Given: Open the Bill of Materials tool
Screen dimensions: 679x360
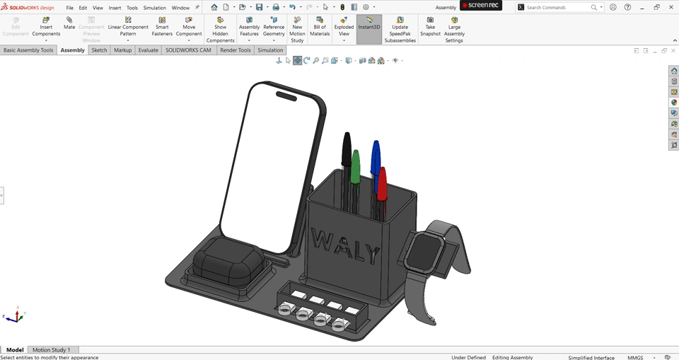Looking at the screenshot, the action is click(320, 26).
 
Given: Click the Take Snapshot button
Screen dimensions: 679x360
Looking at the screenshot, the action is click(430, 26).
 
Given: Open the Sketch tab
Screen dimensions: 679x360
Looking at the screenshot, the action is click(99, 50).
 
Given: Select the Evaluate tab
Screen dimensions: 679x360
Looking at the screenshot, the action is click(148, 50).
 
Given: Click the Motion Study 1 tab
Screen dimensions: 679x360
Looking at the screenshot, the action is click(51, 349).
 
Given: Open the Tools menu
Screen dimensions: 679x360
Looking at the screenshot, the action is click(132, 8).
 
